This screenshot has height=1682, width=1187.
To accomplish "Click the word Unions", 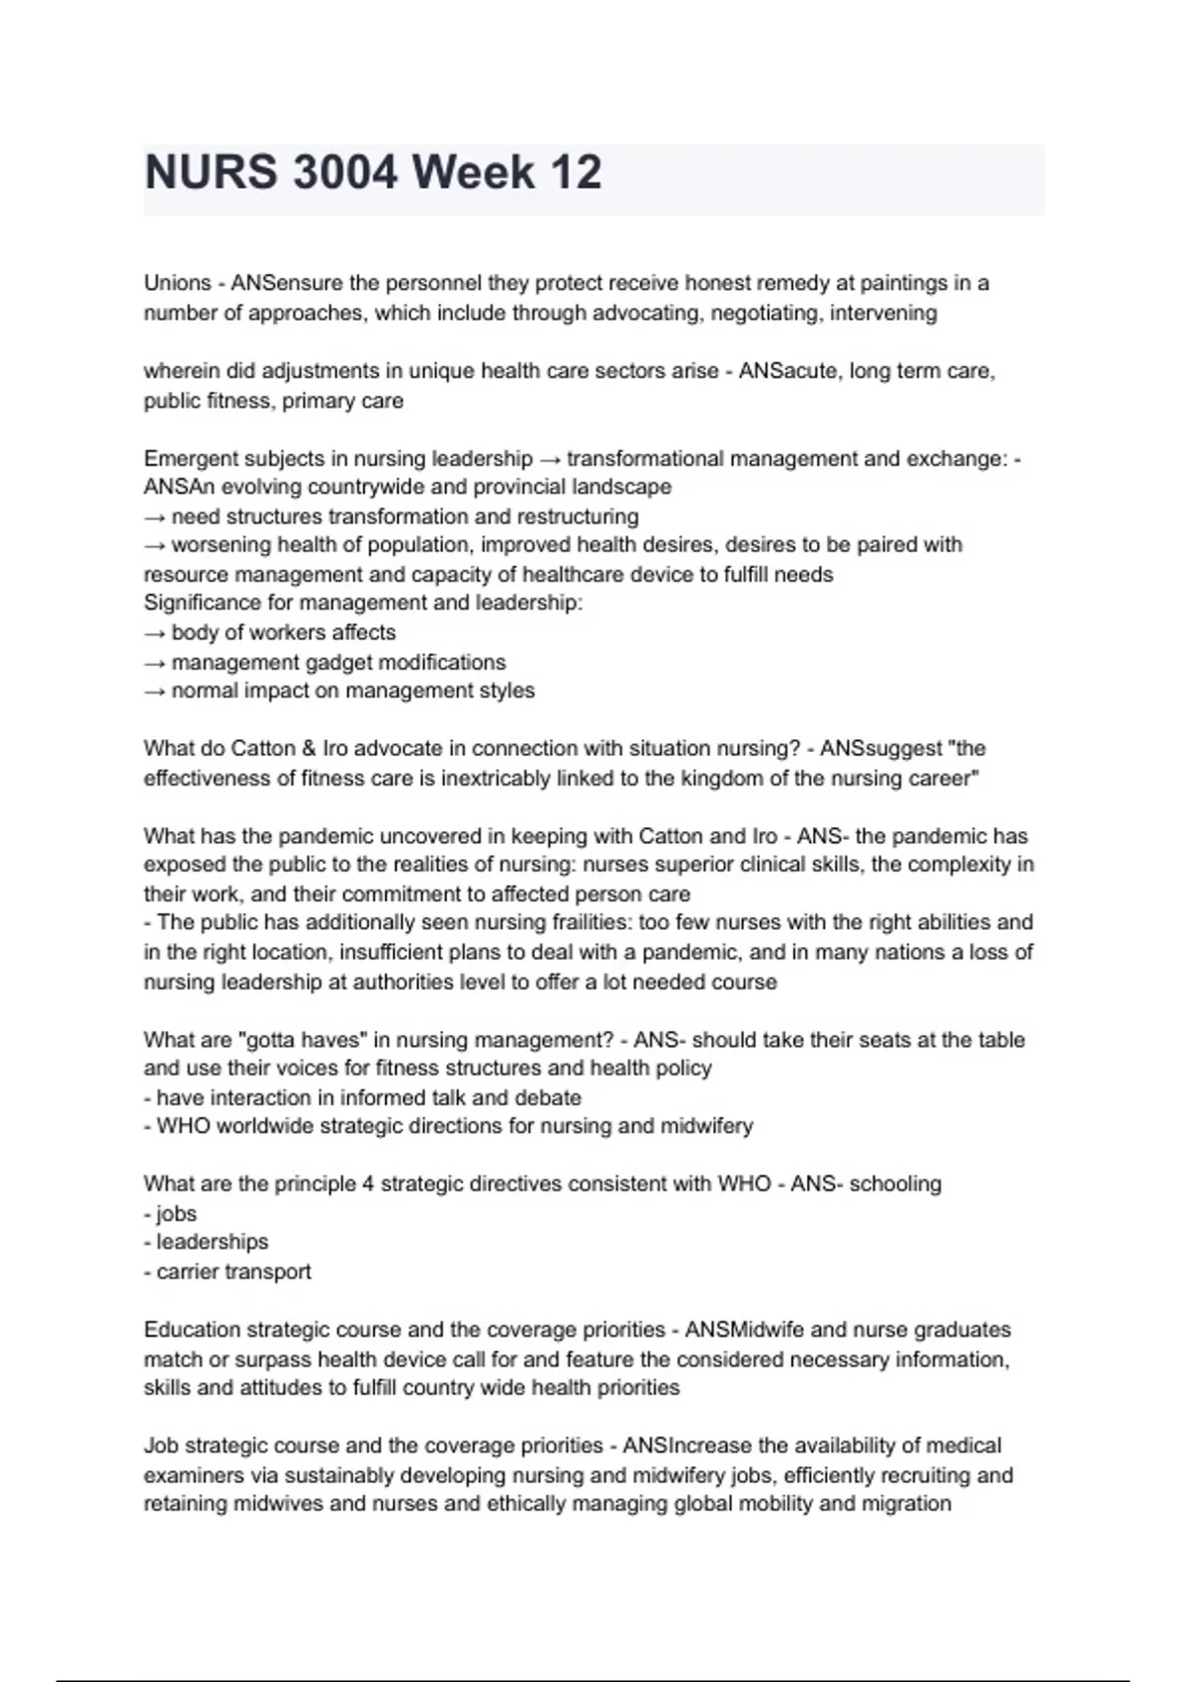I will [x=178, y=283].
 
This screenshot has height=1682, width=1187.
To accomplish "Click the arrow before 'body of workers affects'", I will [x=154, y=632].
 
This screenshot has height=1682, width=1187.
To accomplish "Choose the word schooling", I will [x=896, y=1183].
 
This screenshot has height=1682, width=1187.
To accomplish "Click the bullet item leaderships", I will [x=212, y=1242].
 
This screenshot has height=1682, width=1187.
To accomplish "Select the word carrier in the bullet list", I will [x=186, y=1271].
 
